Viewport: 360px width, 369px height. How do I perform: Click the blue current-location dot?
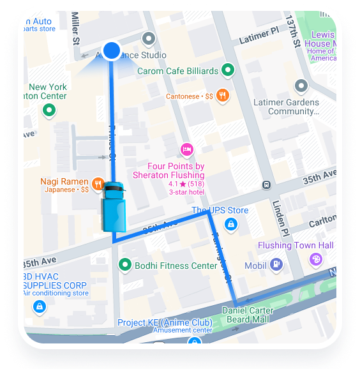point(112,50)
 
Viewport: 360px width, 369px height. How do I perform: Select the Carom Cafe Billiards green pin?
point(229,71)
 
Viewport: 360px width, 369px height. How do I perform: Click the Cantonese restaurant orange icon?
point(223,96)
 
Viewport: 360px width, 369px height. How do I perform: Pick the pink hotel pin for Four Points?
point(186,150)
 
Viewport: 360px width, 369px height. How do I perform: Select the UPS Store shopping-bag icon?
point(231,224)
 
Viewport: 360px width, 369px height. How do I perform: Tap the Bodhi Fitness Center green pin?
point(125,265)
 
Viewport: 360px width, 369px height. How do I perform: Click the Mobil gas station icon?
point(276,264)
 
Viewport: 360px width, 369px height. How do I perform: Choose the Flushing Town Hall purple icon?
point(315,259)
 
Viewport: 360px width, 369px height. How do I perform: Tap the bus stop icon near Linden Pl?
point(266,185)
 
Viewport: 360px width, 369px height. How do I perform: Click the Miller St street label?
point(76,30)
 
